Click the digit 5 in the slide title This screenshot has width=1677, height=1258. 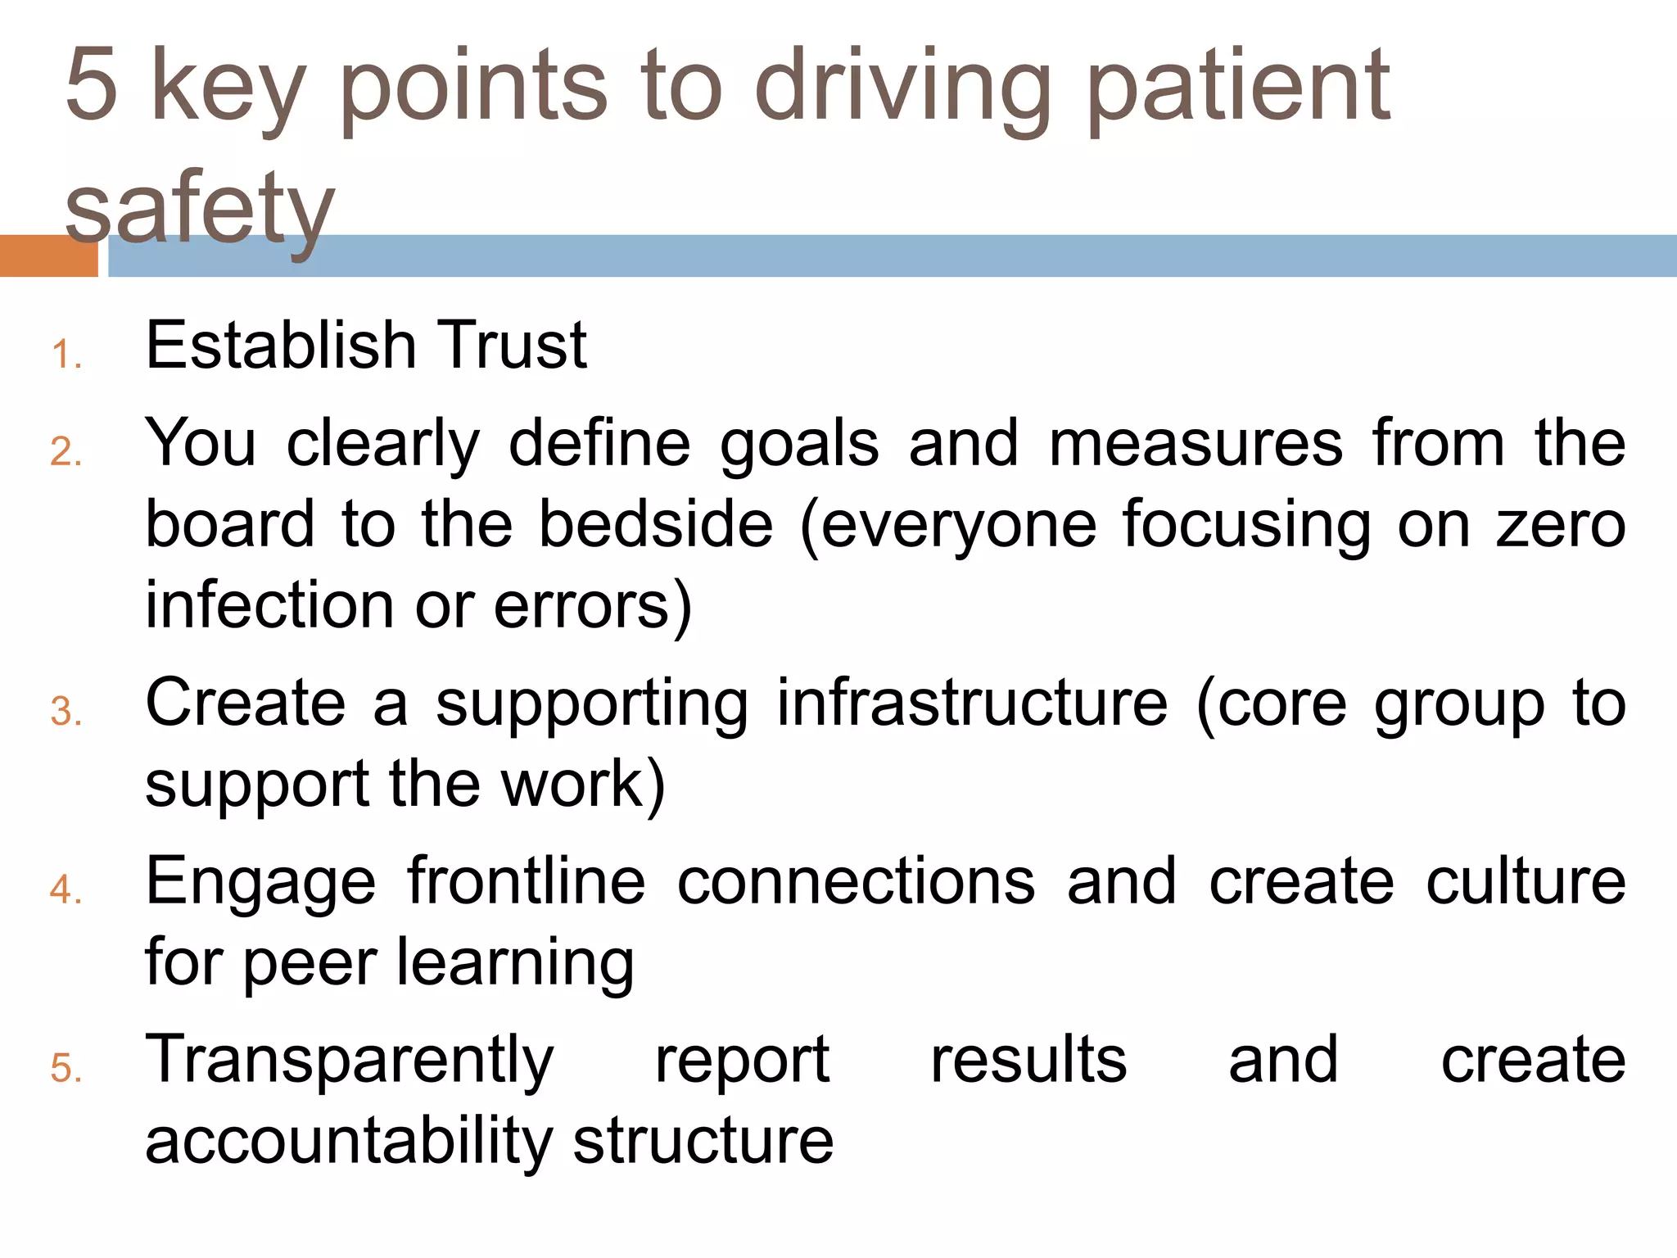(x=92, y=84)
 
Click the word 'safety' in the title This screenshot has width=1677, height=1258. (x=200, y=209)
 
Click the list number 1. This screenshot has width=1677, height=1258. (x=66, y=356)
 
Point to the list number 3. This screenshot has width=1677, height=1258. (x=66, y=711)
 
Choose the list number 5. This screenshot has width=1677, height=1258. (x=66, y=1068)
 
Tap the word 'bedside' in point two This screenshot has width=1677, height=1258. (x=655, y=524)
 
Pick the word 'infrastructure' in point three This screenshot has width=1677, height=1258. (x=972, y=703)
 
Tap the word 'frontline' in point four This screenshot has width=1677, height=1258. (x=527, y=881)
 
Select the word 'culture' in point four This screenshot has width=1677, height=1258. (x=1526, y=881)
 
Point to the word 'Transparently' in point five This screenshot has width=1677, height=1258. (x=350, y=1061)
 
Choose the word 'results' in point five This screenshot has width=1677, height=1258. (x=1028, y=1060)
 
